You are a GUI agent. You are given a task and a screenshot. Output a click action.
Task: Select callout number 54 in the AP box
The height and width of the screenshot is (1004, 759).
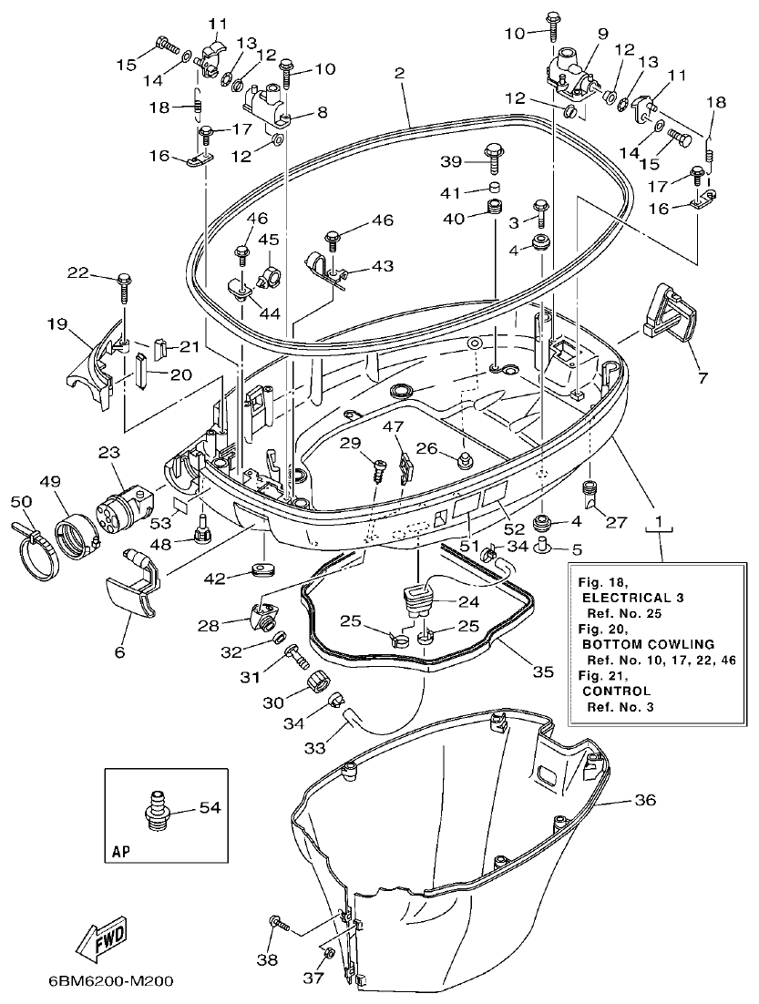click(210, 807)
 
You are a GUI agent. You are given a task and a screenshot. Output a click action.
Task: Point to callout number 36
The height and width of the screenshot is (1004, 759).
click(644, 801)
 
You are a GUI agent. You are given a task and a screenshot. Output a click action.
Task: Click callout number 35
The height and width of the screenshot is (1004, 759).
click(542, 673)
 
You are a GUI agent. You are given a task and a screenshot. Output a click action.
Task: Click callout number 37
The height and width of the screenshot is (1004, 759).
click(314, 979)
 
